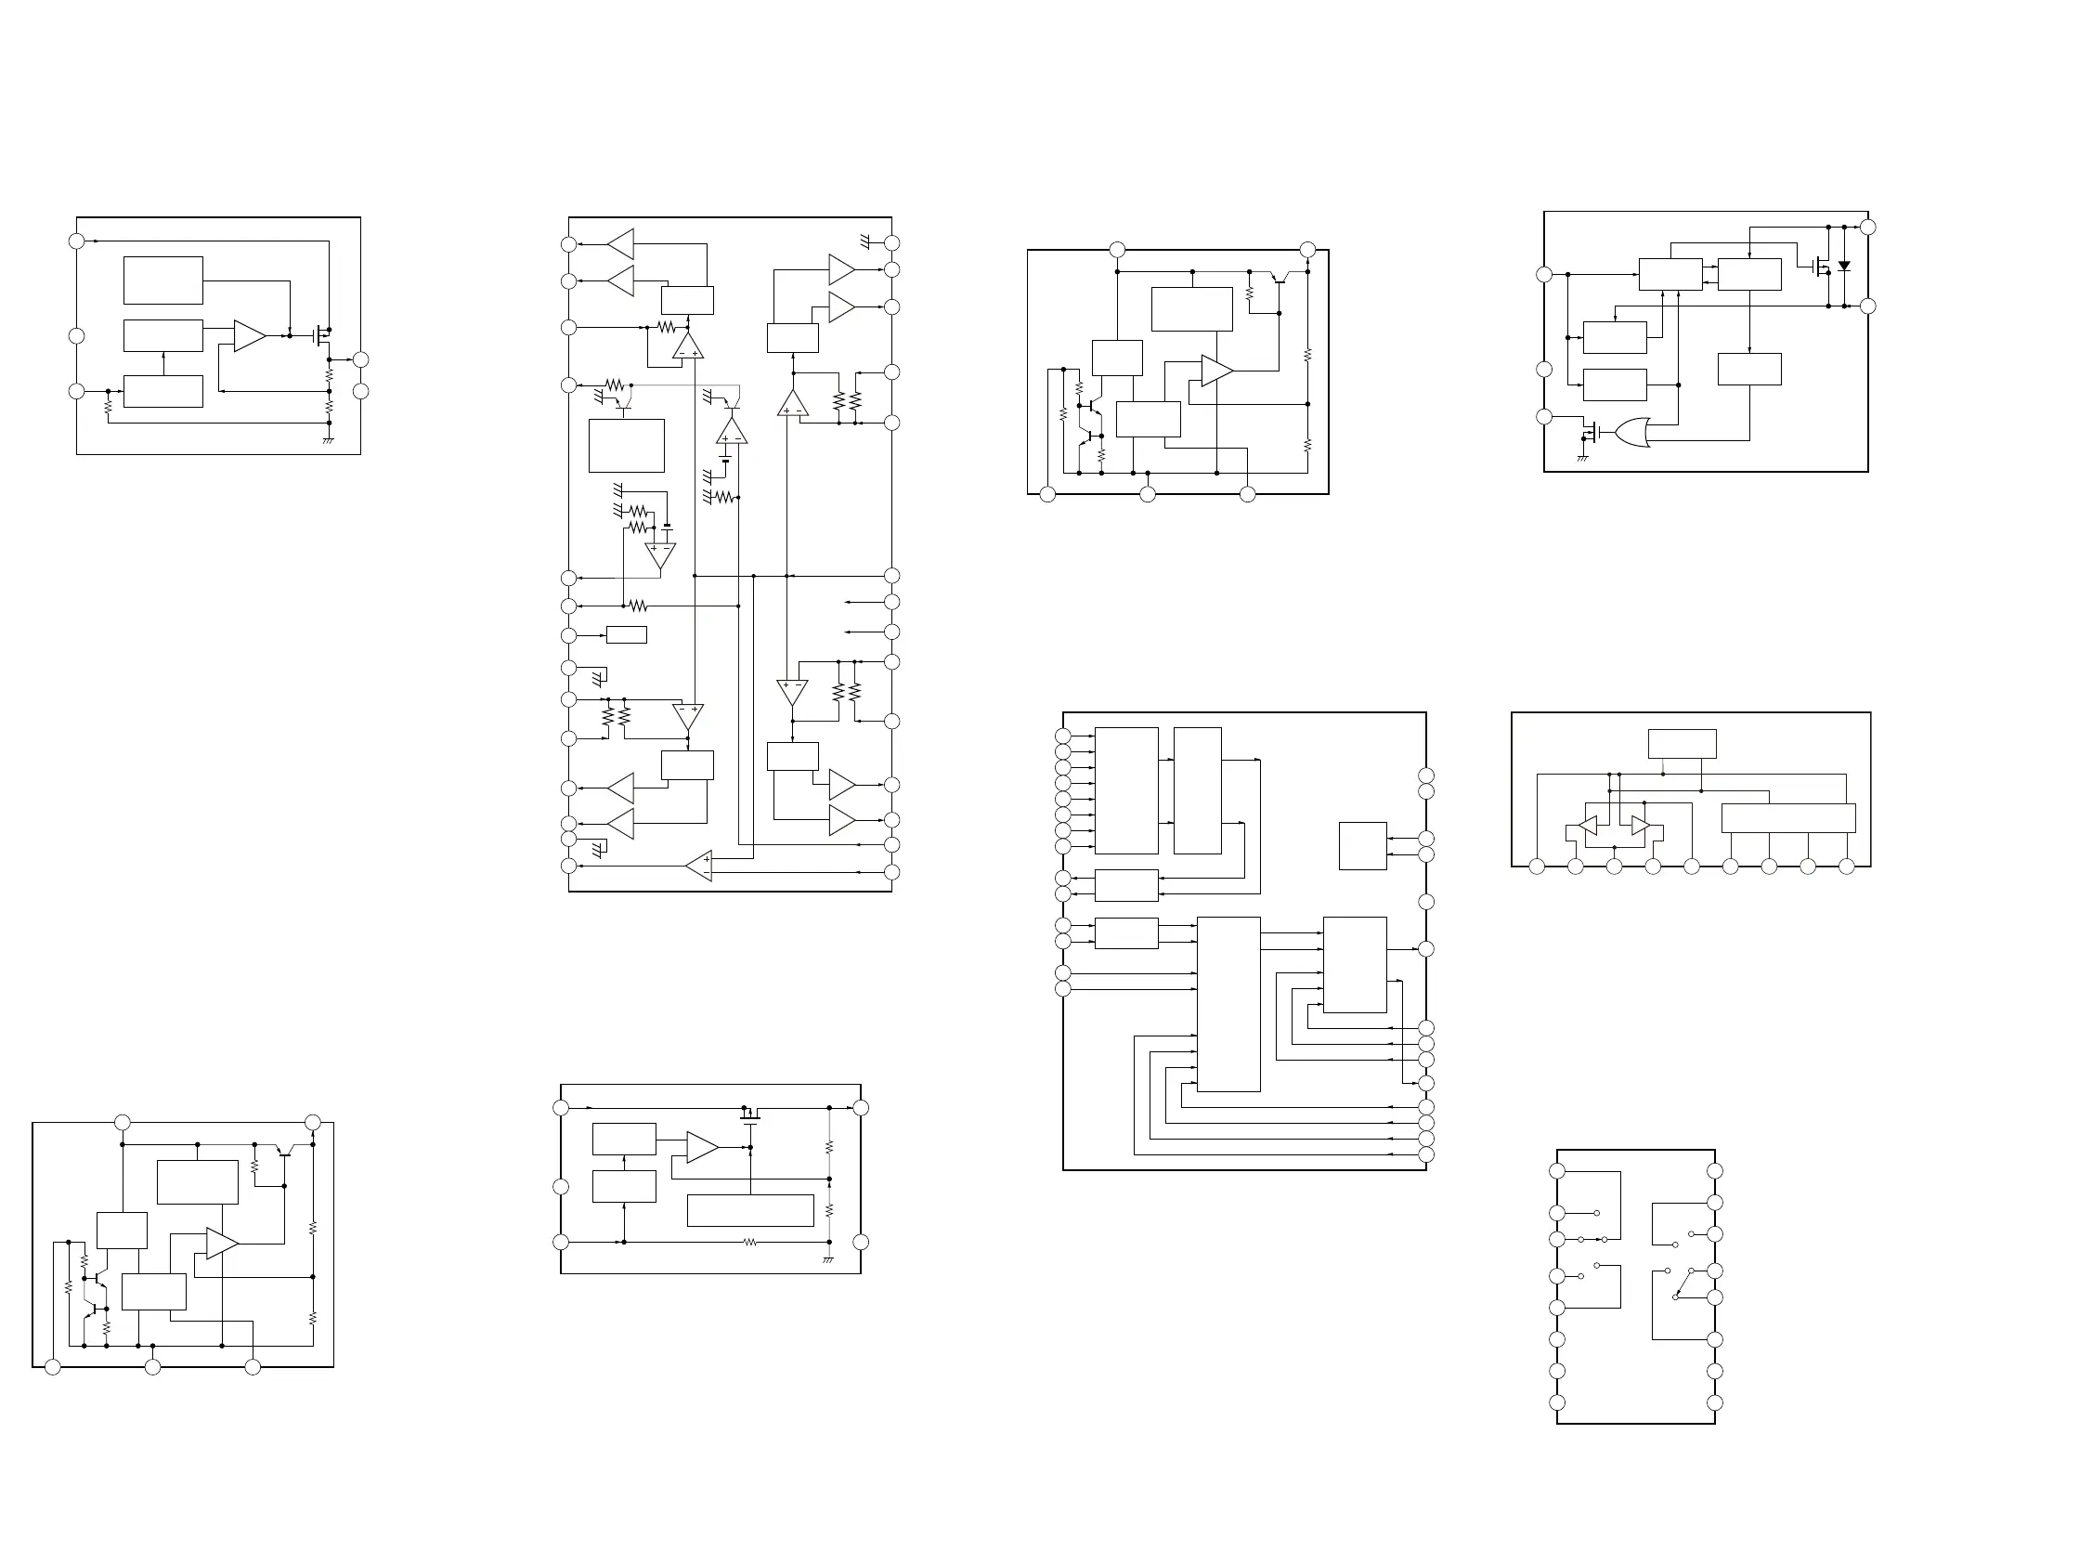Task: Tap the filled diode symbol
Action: tap(1844, 266)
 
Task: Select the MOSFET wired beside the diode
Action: tap(1822, 267)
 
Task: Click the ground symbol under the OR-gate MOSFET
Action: tap(1583, 458)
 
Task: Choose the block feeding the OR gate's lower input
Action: tap(1749, 370)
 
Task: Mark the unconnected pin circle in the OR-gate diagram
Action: tap(1543, 370)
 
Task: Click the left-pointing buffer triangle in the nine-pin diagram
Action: tap(1588, 826)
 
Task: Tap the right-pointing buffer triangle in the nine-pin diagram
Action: tap(1640, 826)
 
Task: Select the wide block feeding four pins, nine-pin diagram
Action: tap(1787, 817)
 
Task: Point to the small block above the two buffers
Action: tap(1682, 744)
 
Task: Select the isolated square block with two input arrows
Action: tap(1362, 846)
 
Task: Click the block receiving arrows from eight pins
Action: tap(1126, 790)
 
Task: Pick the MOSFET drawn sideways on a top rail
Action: tap(750, 1115)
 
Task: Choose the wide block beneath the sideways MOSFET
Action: tap(750, 1210)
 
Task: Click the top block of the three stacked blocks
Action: tap(162, 280)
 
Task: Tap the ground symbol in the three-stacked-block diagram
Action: tap(328, 440)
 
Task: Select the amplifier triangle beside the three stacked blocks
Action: tap(249, 335)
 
